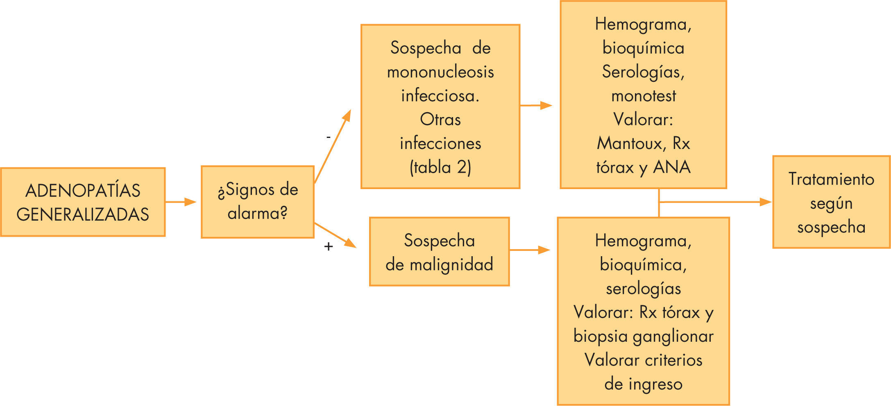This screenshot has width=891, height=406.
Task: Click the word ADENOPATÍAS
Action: pyautogui.click(x=83, y=191)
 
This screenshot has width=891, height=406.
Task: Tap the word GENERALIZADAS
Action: pyautogui.click(x=83, y=214)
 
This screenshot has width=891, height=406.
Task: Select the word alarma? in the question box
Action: pyautogui.click(x=258, y=213)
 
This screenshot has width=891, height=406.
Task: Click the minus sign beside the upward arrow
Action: pyautogui.click(x=329, y=138)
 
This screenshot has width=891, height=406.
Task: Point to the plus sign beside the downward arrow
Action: pyautogui.click(x=329, y=246)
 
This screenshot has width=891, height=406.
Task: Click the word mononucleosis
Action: pyautogui.click(x=440, y=72)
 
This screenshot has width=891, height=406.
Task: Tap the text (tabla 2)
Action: pyautogui.click(x=440, y=167)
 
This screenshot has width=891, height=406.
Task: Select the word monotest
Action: pyautogui.click(x=644, y=96)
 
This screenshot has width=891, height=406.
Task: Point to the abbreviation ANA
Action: pyautogui.click(x=672, y=167)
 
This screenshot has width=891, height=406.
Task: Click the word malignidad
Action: pyautogui.click(x=451, y=264)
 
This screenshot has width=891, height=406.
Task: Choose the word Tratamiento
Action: pyautogui.click(x=831, y=179)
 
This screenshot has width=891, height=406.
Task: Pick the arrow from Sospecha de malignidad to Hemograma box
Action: pyautogui.click(x=529, y=250)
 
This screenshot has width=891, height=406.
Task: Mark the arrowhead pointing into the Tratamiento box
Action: pyautogui.click(x=765, y=202)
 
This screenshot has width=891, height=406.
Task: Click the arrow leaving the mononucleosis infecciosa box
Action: pyautogui.click(x=536, y=105)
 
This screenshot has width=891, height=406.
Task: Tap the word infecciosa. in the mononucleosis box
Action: pyautogui.click(x=440, y=96)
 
